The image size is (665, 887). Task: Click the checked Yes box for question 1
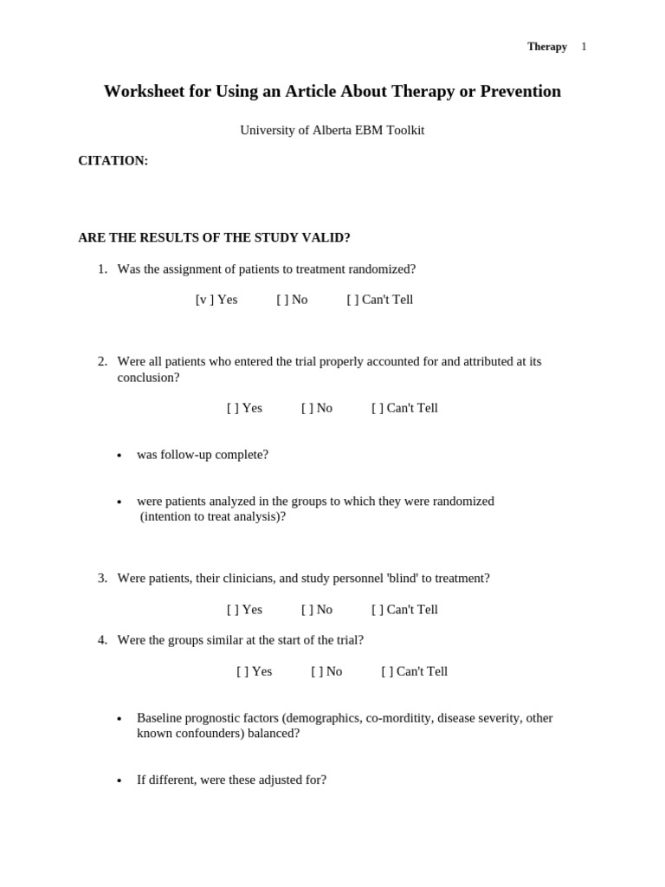[x=204, y=300]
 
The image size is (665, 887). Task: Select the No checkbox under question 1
[x=282, y=300]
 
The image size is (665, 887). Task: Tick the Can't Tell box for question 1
[x=352, y=300]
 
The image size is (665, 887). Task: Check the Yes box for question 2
[x=233, y=408]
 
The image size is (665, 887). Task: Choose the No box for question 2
[x=307, y=408]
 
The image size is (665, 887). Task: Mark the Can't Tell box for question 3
[x=378, y=610]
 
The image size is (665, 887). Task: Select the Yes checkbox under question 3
[x=233, y=610]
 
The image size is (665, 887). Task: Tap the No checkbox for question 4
[x=317, y=671]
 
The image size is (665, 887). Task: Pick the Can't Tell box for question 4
[x=387, y=671]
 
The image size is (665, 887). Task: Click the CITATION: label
[x=113, y=161]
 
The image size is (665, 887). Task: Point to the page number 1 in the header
[x=584, y=47]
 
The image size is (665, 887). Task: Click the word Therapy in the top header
[x=546, y=47]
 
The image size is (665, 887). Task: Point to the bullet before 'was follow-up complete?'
[x=119, y=456]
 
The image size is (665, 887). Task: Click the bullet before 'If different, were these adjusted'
[x=119, y=781]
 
